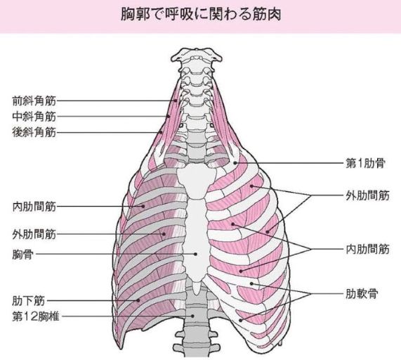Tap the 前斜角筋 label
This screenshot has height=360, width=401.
[x=34, y=101]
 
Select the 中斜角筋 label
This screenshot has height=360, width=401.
[x=34, y=117]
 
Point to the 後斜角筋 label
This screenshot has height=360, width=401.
[x=34, y=133]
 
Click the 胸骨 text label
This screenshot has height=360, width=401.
[x=23, y=255]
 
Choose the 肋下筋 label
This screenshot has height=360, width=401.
[x=28, y=301]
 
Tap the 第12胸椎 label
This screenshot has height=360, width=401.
[x=36, y=316]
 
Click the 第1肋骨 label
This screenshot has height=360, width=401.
[x=365, y=163]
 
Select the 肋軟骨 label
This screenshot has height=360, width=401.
[x=362, y=294]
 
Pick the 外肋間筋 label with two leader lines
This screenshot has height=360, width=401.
[x=367, y=196]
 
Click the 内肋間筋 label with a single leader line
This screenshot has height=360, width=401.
[x=34, y=207]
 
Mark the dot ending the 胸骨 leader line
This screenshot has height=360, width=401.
[x=196, y=254]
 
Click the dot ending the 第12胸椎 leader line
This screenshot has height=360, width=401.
[x=193, y=316]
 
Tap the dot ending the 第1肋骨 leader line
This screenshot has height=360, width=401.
[x=235, y=163]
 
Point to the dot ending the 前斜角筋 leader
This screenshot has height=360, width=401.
[x=176, y=101]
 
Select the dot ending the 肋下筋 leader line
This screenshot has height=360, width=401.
[x=138, y=300]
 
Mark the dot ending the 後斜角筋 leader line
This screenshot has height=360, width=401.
[x=161, y=132]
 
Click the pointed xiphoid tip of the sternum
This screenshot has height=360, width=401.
[x=196, y=294]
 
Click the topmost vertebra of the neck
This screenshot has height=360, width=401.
[x=197, y=56]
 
